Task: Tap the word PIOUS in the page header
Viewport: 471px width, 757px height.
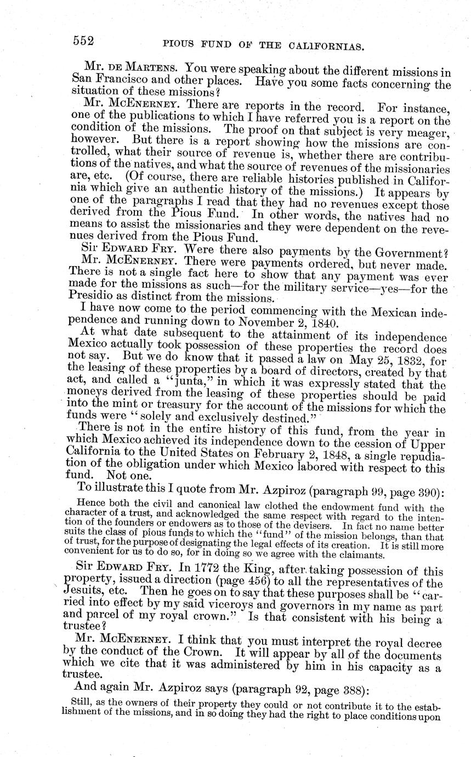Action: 181,44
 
